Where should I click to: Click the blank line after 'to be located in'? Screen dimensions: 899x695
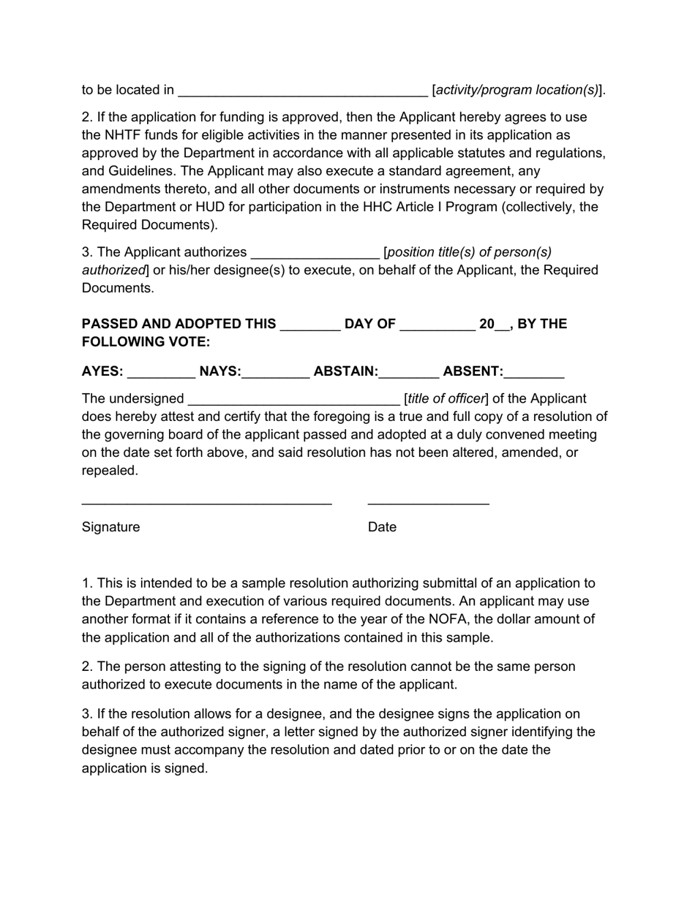303,91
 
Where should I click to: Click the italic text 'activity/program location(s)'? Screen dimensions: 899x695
517,90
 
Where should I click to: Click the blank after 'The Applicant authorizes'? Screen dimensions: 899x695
315,253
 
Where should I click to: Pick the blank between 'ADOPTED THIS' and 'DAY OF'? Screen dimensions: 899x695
310,325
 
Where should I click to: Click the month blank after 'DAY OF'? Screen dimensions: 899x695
437,325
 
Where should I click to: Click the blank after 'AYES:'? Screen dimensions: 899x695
161,372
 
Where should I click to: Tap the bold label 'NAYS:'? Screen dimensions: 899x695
220,371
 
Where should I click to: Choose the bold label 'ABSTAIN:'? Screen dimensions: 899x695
345,371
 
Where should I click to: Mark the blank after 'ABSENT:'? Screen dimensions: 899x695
534,372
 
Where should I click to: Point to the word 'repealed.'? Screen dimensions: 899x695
110,471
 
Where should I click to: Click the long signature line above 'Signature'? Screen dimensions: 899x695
206,504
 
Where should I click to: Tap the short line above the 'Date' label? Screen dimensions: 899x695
428,504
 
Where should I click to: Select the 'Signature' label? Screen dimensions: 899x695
110,527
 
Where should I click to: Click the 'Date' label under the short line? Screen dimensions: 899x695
382,527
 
